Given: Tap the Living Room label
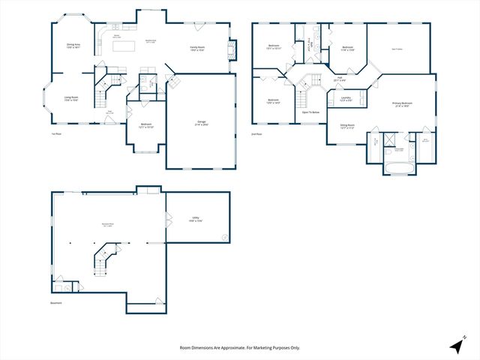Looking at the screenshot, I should pyautogui.click(x=70, y=97).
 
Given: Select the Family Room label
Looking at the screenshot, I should pyautogui.click(x=198, y=49).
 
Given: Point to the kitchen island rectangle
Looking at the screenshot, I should pyautogui.click(x=123, y=46).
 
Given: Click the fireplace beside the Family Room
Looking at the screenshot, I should pyautogui.click(x=232, y=49).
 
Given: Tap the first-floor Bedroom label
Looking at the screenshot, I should pyautogui.click(x=145, y=125).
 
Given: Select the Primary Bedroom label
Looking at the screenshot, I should pyautogui.click(x=402, y=103).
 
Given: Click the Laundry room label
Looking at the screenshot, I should pyautogui.click(x=346, y=98).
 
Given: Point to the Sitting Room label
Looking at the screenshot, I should pyautogui.click(x=347, y=126).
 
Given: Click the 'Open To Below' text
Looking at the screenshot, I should pyautogui.click(x=310, y=112).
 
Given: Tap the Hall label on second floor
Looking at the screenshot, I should pyautogui.click(x=339, y=77).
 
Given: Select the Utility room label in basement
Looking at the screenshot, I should pyautogui.click(x=196, y=219).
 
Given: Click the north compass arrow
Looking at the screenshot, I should pyautogui.click(x=457, y=345).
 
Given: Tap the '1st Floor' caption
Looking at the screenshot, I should pyautogui.click(x=56, y=133).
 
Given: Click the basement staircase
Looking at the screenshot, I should pyautogui.click(x=103, y=259).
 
